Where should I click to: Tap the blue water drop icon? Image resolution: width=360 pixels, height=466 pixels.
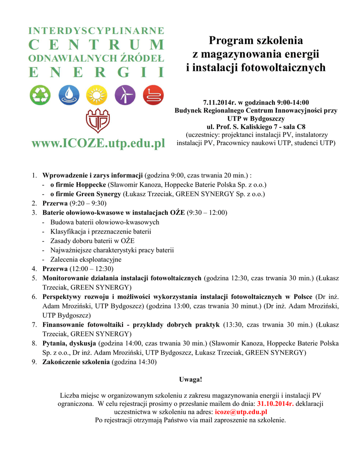click(x=68, y=96)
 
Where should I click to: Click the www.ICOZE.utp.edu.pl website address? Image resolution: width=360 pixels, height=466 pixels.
click(x=98, y=144)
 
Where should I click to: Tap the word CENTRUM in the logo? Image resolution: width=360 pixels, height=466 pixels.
click(x=96, y=45)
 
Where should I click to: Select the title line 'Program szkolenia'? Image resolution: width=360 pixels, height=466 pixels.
click(x=256, y=41)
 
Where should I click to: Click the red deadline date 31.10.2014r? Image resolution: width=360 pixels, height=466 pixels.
click(x=275, y=403)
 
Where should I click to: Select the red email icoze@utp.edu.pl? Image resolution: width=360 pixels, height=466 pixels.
click(x=241, y=411)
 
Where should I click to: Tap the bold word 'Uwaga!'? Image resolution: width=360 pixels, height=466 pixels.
click(x=190, y=379)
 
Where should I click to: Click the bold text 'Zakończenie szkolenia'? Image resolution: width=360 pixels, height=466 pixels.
click(x=76, y=362)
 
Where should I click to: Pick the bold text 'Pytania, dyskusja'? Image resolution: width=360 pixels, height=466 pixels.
click(x=69, y=343)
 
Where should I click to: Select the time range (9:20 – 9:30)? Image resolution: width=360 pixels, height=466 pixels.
click(x=88, y=203)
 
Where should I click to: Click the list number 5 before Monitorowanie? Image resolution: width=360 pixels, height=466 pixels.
click(x=34, y=278)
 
